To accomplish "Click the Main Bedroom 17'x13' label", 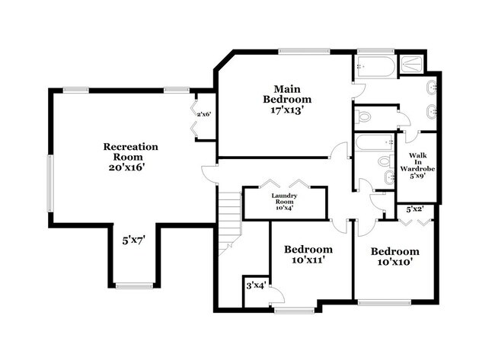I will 287,100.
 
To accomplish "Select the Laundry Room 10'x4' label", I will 284,201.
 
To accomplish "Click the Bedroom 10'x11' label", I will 308,255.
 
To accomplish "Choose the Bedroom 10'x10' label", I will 394,256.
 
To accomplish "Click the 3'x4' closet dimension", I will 254,285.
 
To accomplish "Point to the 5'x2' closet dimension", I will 416,209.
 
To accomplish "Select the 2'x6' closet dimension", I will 204,115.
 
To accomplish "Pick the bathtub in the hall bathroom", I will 374,142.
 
